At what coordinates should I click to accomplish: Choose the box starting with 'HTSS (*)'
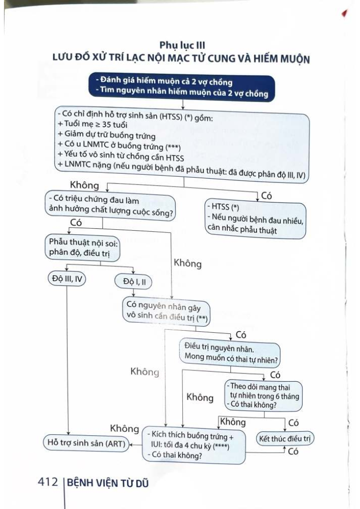254,218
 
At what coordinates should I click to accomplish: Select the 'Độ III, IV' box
68,279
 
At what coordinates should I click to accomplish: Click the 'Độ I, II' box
132,282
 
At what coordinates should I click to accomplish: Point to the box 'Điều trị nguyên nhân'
230,352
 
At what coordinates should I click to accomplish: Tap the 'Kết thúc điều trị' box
286,438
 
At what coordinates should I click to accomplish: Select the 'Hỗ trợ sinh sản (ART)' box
86,443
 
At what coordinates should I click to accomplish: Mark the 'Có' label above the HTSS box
266,196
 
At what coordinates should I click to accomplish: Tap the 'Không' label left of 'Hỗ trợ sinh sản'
124,429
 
